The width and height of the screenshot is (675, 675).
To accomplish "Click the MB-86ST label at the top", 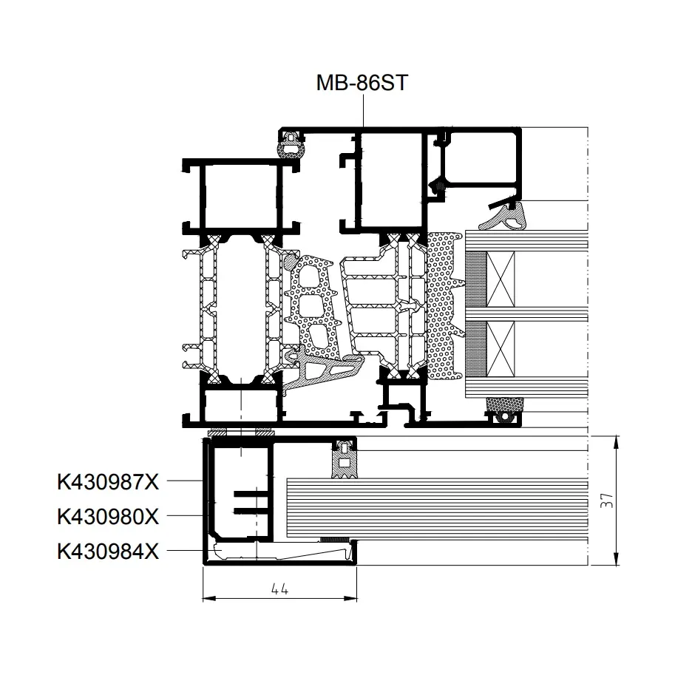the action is (x=362, y=83).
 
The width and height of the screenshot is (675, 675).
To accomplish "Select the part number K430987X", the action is (x=108, y=482).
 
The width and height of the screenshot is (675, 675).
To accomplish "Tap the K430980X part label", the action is (x=108, y=516).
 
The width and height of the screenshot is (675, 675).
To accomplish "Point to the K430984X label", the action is (x=108, y=551).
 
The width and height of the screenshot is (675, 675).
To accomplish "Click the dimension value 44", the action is (x=279, y=588).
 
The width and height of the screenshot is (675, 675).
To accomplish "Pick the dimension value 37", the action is (x=606, y=501).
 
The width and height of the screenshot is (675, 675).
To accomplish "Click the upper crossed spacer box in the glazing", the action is (x=501, y=279).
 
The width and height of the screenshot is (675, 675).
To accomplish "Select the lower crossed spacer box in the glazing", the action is (x=501, y=349).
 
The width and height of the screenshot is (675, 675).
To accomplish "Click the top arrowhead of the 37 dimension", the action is (x=617, y=441).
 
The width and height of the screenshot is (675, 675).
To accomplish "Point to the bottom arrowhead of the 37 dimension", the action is (x=617, y=559).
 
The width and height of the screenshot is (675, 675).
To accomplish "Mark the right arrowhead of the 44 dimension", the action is (x=351, y=598).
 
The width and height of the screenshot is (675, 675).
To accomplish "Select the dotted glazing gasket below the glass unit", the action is (x=504, y=409).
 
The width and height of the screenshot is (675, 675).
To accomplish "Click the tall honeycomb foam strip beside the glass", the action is (x=444, y=305).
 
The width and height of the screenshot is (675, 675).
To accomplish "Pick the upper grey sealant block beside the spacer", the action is (x=476, y=279).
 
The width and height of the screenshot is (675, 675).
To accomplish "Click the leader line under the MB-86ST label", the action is (x=363, y=111).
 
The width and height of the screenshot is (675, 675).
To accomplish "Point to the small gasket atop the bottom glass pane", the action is (x=345, y=459).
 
